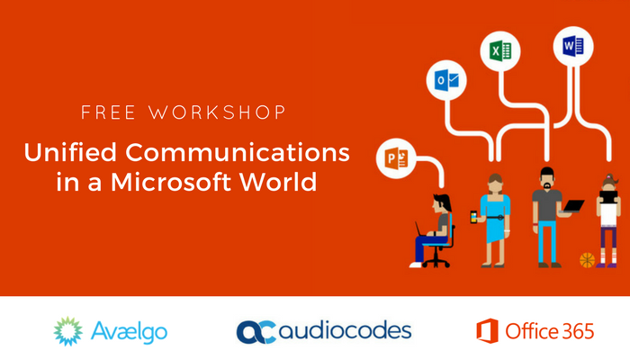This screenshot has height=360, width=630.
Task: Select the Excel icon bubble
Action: point(497,49)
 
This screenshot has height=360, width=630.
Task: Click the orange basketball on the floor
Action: point(587,260)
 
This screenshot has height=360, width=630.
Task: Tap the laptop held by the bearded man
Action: point(572,207)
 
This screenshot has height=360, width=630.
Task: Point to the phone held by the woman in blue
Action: point(474,217)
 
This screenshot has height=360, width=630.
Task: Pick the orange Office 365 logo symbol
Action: point(487,331)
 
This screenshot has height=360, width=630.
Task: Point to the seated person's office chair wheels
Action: point(435,263)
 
